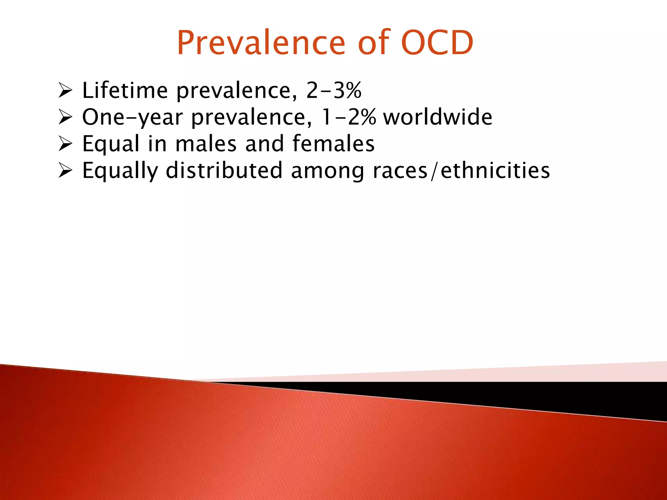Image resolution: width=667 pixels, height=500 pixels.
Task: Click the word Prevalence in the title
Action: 261,43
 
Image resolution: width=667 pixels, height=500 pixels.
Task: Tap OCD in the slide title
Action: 436,43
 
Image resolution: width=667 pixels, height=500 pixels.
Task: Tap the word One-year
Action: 132,118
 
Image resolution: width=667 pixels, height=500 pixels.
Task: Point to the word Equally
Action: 120,171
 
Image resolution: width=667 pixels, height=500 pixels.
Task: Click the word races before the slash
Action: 400,171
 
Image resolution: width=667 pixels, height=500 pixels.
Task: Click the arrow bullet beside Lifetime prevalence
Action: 65,90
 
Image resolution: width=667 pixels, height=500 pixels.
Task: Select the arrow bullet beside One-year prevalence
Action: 65,117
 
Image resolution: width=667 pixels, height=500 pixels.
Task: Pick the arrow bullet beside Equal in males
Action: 65,144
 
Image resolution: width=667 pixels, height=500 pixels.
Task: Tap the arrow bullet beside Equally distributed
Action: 65,171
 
